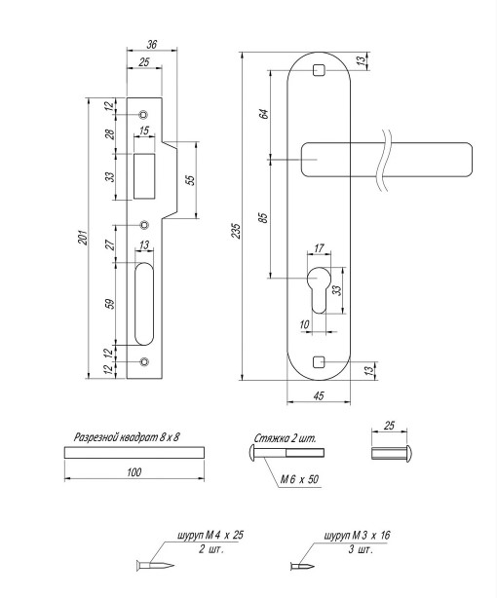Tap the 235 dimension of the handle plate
click(237, 231)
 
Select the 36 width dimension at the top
click(152, 44)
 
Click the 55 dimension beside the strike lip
click(191, 180)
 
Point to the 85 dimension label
click(263, 218)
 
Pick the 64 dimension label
click(264, 114)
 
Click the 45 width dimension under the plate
click(319, 395)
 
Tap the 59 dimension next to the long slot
click(110, 304)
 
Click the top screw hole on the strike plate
click(143, 114)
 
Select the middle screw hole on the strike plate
click(144, 225)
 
